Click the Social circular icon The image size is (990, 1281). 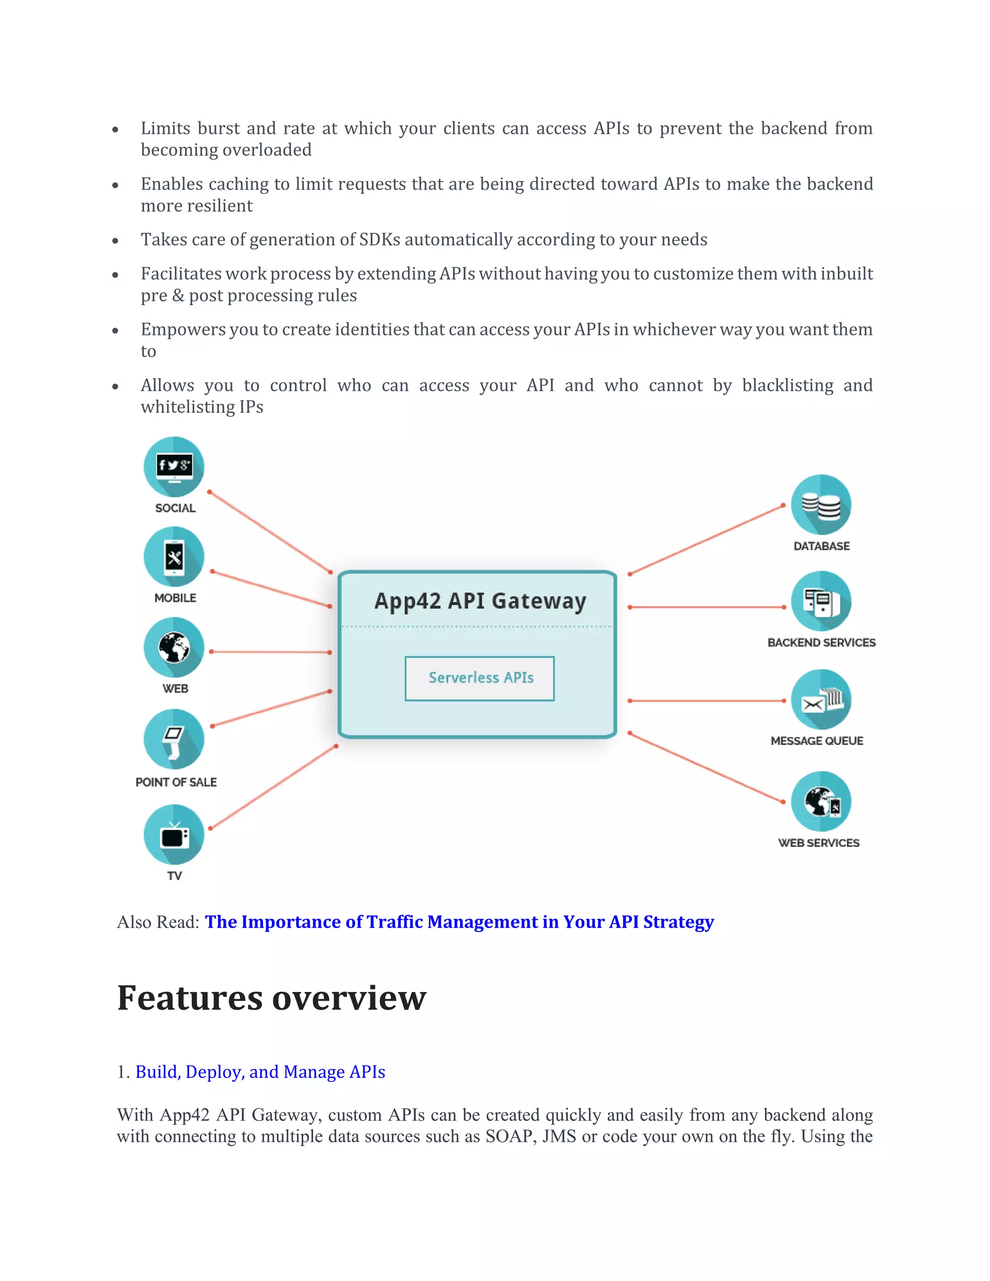point(174,467)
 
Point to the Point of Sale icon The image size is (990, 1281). point(174,739)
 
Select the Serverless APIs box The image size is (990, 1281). point(480,678)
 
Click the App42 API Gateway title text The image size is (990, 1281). point(480,601)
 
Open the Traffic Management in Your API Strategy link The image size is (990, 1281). point(459,922)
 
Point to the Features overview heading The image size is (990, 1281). point(271,998)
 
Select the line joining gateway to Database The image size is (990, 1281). point(706,539)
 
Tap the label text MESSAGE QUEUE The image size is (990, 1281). point(816,741)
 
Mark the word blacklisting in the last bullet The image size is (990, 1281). point(787,385)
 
